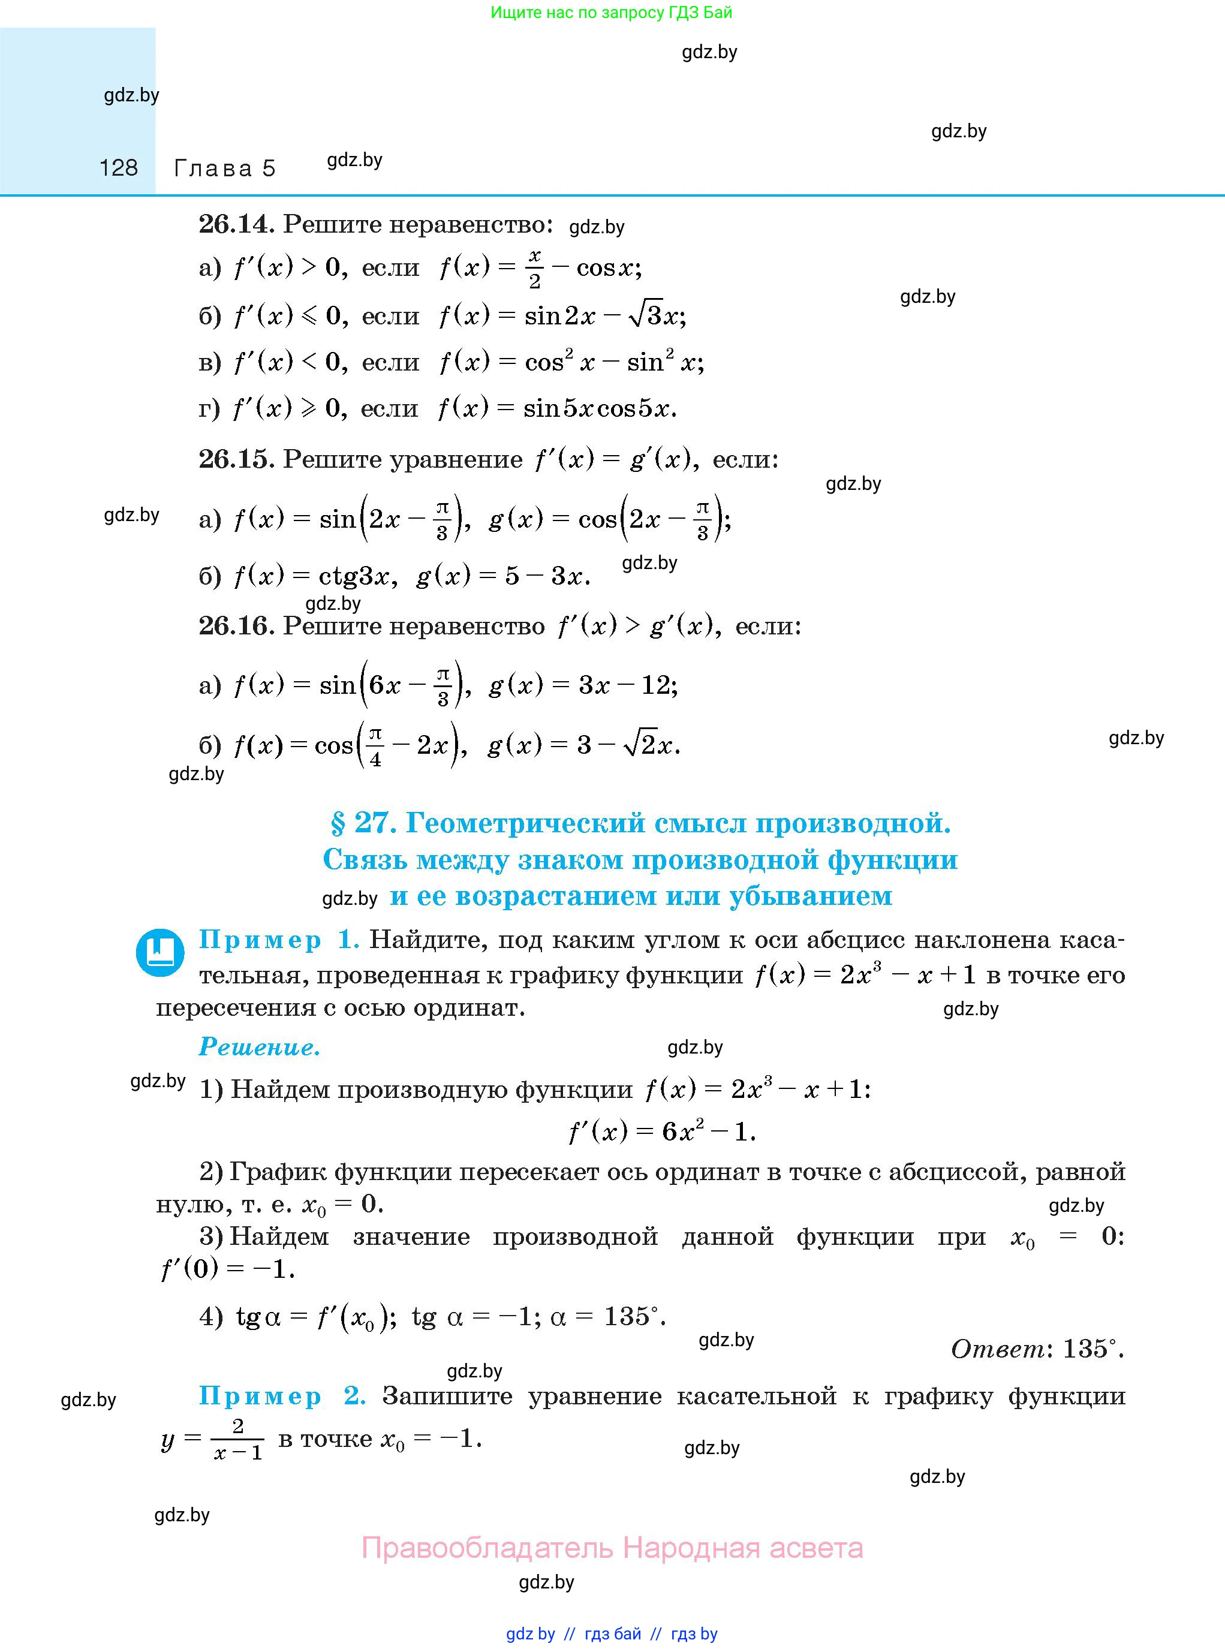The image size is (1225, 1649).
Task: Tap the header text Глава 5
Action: tap(224, 168)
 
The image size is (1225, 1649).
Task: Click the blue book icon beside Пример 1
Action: tap(159, 952)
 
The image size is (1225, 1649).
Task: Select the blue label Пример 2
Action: tap(282, 1396)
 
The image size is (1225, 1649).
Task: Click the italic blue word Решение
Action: tap(260, 1047)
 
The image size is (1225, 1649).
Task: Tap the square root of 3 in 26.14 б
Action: tap(645, 316)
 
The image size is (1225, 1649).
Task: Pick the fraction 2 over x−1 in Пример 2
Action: tap(237, 1439)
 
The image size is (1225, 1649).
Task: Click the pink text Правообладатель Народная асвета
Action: tap(612, 1548)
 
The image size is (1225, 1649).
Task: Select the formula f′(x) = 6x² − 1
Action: tap(661, 1132)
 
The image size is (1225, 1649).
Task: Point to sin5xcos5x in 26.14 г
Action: tap(598, 408)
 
